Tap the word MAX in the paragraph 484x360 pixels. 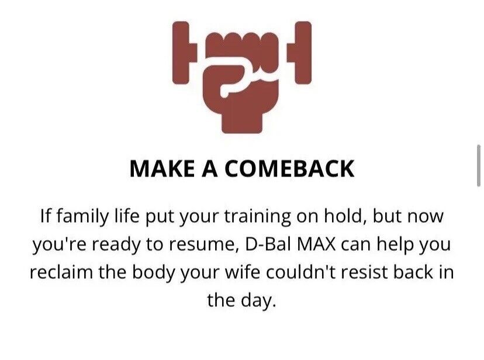316,245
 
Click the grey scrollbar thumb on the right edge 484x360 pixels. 479,165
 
